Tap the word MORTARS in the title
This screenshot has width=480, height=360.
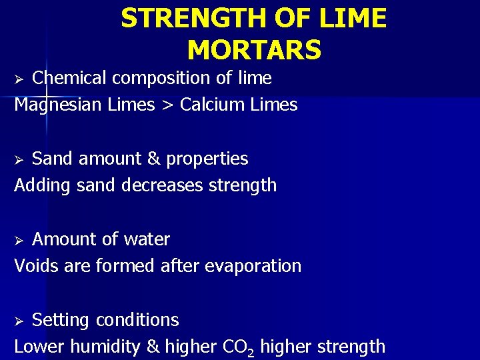pos(254,49)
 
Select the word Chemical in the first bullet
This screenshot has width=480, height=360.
pos(69,78)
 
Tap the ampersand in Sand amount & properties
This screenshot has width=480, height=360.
pos(153,159)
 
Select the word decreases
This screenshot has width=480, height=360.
pos(163,185)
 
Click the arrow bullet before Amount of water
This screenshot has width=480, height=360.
pos(19,240)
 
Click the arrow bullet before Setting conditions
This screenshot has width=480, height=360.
pos(19,321)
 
